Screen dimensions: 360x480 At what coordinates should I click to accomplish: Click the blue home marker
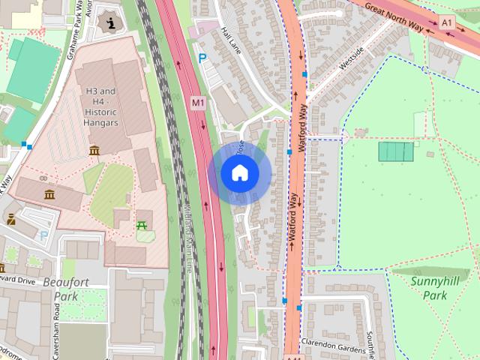coord(240,172)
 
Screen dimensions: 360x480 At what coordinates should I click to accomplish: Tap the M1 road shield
coord(198,103)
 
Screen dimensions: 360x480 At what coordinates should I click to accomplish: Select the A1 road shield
coord(448,23)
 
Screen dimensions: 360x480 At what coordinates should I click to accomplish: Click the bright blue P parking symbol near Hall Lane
coord(201,58)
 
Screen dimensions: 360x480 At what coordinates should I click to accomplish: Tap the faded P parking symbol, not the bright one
coord(43,235)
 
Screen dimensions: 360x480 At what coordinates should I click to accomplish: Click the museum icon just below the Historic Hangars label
coord(94,151)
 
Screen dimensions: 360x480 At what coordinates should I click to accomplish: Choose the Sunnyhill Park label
coord(429,289)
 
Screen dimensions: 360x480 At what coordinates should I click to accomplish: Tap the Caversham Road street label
coord(36,330)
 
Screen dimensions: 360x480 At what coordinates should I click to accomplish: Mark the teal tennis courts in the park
coord(396,152)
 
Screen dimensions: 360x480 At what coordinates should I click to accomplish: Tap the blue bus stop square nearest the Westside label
coord(304,74)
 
